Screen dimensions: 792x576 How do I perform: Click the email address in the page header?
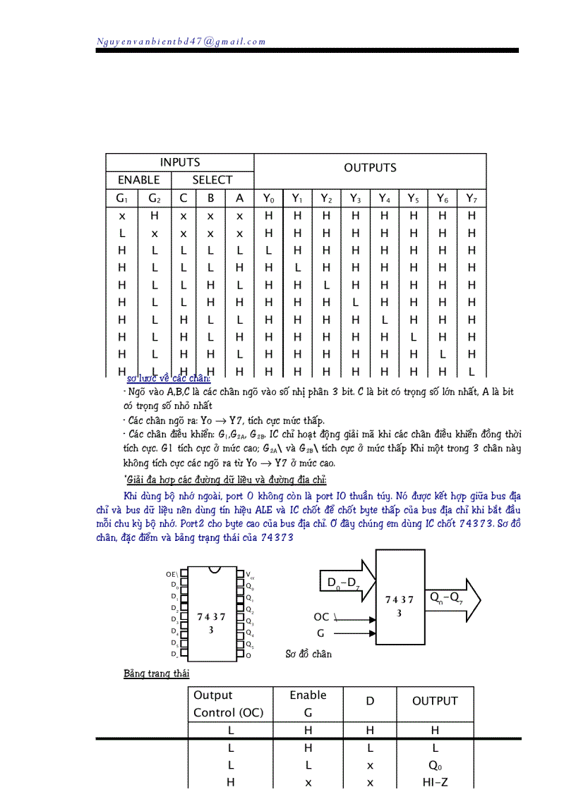(x=181, y=42)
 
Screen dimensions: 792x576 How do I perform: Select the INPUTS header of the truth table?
(x=179, y=162)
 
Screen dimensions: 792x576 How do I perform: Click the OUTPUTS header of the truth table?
(x=370, y=168)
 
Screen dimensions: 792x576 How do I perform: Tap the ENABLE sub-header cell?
(x=138, y=180)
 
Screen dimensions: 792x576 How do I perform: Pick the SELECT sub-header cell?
(x=212, y=180)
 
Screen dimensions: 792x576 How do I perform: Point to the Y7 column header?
(x=472, y=198)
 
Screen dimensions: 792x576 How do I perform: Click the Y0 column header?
(x=268, y=198)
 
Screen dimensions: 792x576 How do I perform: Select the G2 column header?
(x=155, y=198)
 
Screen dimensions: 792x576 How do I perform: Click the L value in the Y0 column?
(x=268, y=250)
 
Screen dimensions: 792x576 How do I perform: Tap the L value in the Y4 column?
(x=385, y=319)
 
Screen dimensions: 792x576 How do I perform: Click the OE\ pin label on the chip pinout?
(x=172, y=574)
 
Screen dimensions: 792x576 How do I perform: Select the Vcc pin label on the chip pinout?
(x=251, y=575)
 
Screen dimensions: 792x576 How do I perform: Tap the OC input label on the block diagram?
(x=321, y=617)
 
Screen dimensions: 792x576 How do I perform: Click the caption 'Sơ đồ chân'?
(x=308, y=654)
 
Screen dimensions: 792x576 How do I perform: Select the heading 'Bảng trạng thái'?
(x=156, y=674)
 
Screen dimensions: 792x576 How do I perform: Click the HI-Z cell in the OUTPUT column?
(x=435, y=782)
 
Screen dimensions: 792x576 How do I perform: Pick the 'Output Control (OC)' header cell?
(x=229, y=704)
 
